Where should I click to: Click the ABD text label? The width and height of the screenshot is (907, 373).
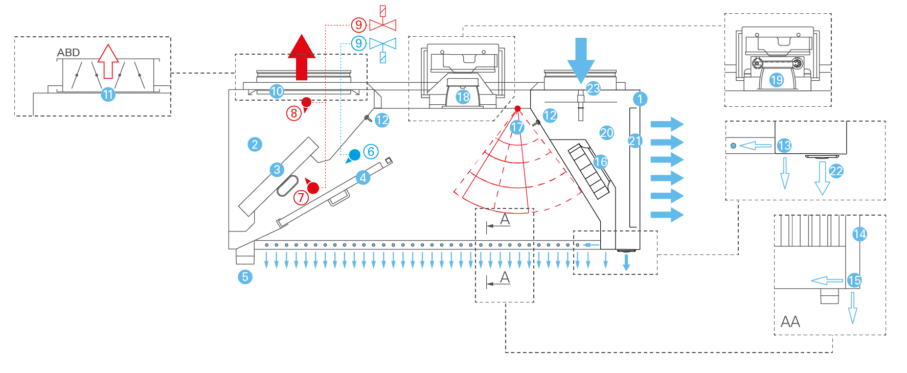tap(69, 53)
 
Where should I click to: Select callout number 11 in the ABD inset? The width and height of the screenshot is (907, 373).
tap(108, 95)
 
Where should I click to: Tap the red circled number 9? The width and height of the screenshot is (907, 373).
tap(359, 25)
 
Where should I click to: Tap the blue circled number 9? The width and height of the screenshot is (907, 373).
tap(359, 43)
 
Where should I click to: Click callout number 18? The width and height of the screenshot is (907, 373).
tap(463, 97)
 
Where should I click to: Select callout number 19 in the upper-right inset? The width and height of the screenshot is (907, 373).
tap(777, 80)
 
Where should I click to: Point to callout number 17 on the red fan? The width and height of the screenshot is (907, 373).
tap(517, 127)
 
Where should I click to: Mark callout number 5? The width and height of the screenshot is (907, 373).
tap(245, 277)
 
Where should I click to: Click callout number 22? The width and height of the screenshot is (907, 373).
tap(836, 171)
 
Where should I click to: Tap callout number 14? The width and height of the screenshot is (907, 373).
tap(859, 234)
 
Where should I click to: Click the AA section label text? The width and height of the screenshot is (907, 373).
tap(790, 322)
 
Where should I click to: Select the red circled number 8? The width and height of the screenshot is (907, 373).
tap(293, 113)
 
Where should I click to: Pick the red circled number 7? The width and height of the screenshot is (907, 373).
tap(301, 197)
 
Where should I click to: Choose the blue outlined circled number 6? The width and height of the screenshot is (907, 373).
tap(371, 151)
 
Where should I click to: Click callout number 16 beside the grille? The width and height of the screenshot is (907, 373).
tap(601, 162)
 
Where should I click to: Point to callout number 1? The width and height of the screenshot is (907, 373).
tap(640, 99)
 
